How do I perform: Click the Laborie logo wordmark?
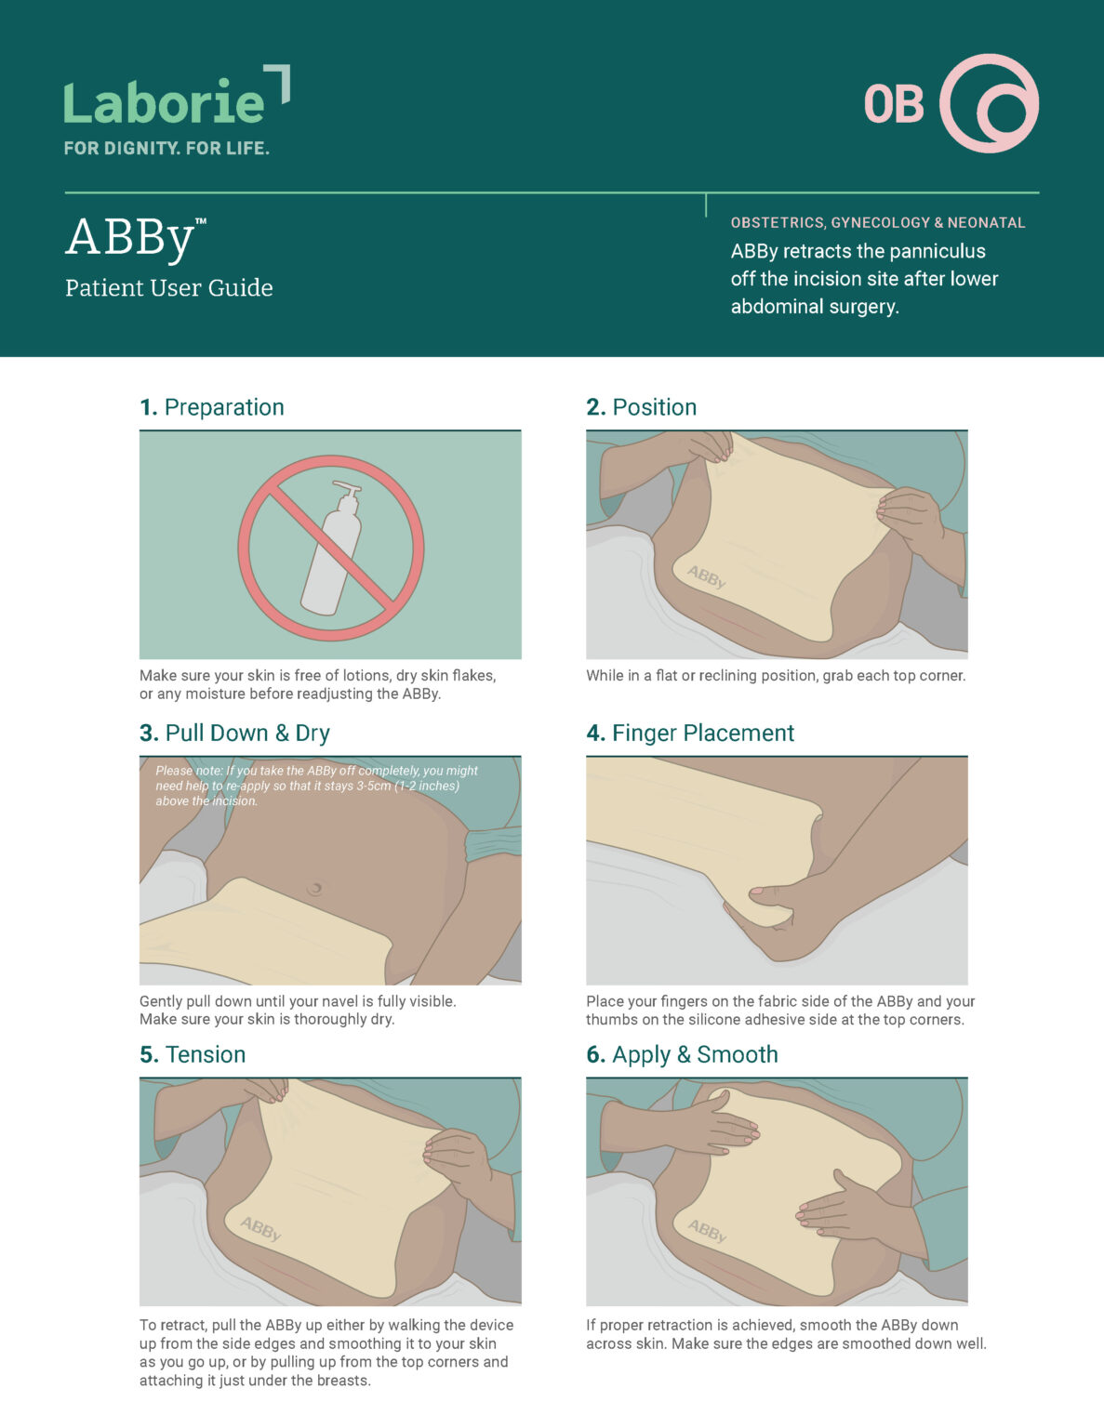pyautogui.click(x=166, y=102)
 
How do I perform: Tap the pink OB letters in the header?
pyautogui.click(x=893, y=104)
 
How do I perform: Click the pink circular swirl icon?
pyautogui.click(x=990, y=103)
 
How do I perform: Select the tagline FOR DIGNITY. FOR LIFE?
pyautogui.click(x=166, y=148)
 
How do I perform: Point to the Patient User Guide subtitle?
pyautogui.click(x=169, y=288)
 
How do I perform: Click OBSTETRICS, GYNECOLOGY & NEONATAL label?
pyautogui.click(x=877, y=223)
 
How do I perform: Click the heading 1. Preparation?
pyautogui.click(x=212, y=407)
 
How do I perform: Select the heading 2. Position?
pyautogui.click(x=641, y=407)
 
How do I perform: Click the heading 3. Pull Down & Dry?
pyautogui.click(x=234, y=733)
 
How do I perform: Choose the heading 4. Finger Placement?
pyautogui.click(x=689, y=733)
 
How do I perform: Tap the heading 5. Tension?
pyautogui.click(x=193, y=1054)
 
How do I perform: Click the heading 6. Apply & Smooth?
pyautogui.click(x=682, y=1054)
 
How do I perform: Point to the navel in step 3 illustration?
pyautogui.click(x=315, y=888)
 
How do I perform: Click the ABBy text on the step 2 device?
pyautogui.click(x=706, y=577)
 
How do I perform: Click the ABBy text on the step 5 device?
pyautogui.click(x=259, y=1229)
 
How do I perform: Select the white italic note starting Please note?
pyautogui.click(x=316, y=786)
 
